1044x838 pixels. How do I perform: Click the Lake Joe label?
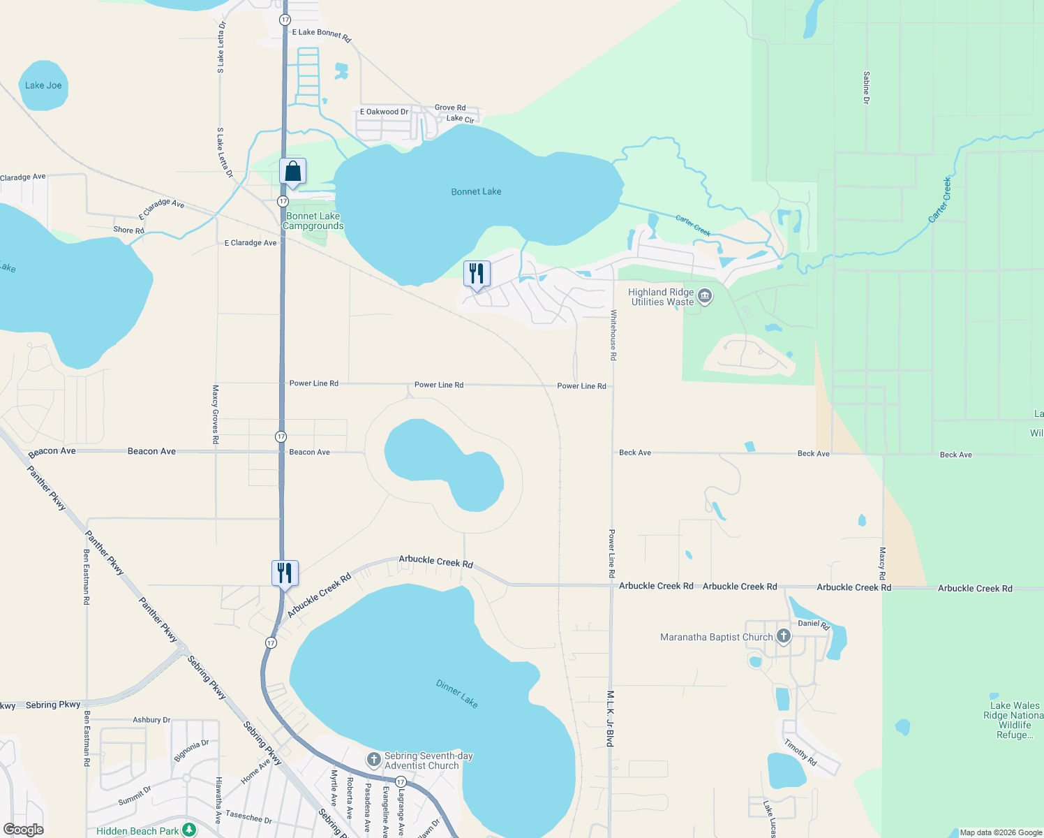(43, 85)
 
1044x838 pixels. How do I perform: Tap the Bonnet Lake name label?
(476, 191)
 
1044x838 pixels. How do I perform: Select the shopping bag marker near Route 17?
(293, 172)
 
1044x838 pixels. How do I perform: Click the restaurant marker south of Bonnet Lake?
(477, 274)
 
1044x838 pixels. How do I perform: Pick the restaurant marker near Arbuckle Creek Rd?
(285, 573)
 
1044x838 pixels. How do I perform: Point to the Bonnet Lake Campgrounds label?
(313, 221)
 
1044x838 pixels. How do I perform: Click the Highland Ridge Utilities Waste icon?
(705, 297)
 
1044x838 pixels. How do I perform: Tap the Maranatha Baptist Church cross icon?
(784, 636)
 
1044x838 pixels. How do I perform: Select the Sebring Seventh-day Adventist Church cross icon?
(374, 759)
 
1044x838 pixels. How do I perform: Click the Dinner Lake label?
(457, 693)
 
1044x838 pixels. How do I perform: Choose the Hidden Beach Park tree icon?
(189, 830)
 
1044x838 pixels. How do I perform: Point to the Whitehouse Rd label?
(613, 335)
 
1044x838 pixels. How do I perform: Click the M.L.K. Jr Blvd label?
(610, 719)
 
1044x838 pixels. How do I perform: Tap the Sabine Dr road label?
(866, 87)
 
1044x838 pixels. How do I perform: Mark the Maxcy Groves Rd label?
(216, 414)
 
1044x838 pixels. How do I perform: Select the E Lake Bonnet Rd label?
(321, 34)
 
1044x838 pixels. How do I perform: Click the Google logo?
(24, 830)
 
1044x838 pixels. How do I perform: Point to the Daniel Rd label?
(814, 624)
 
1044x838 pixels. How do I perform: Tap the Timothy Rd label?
(800, 752)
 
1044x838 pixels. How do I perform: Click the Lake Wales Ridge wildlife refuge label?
(1014, 720)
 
